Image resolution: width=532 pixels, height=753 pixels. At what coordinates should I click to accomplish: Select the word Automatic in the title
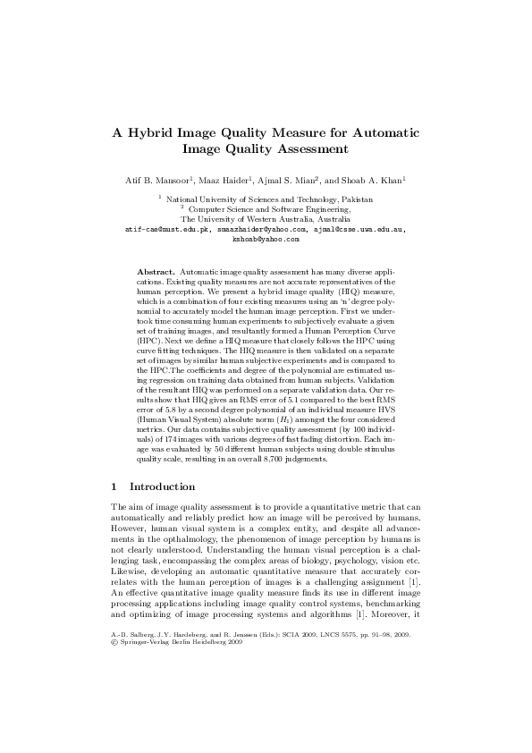[x=376, y=133]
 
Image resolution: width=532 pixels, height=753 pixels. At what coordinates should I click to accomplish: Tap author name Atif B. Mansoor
[x=162, y=181]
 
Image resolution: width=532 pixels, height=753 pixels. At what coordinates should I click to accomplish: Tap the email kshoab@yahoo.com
[x=266, y=239]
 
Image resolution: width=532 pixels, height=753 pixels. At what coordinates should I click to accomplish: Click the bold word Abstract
[x=156, y=270]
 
